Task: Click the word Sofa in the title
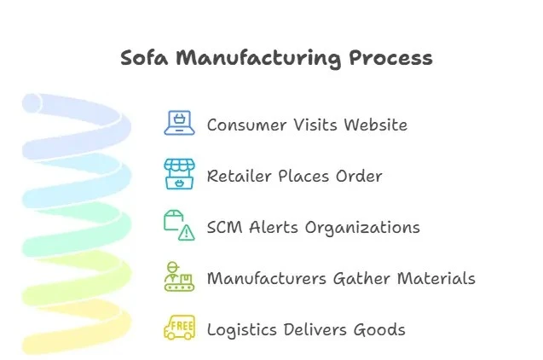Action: tap(144, 58)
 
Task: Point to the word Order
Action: tap(358, 177)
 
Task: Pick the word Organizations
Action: tap(367, 228)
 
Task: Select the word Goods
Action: tap(379, 330)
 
